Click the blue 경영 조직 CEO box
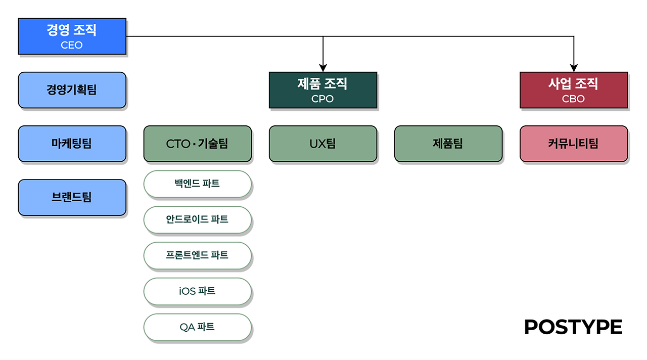pos(72,36)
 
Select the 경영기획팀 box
pos(72,90)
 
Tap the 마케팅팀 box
pos(72,144)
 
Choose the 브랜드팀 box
pos(72,197)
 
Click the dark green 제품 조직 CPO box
pos(323,90)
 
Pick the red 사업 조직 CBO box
pos(574,90)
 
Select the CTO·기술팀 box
pos(198,144)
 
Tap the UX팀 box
pos(323,144)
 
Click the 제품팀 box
pos(448,144)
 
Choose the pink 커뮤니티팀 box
pos(574,144)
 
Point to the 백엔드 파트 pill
pos(198,184)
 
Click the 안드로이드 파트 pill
pos(198,220)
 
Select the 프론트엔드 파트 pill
pos(198,256)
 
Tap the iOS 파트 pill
pos(198,292)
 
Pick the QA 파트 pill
pos(198,327)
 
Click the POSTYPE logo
pos(573,327)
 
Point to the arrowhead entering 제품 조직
pos(323,68)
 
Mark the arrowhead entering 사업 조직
pos(574,68)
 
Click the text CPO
pos(322,99)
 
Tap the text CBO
pos(573,99)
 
